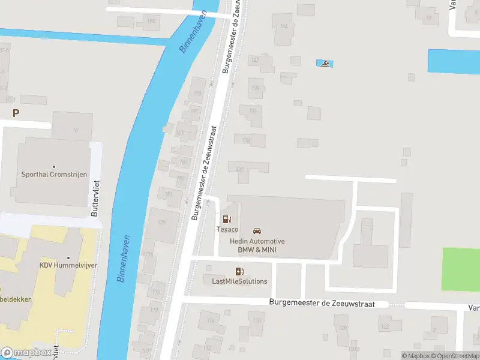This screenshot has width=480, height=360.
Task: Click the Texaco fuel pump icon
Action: (x=226, y=220)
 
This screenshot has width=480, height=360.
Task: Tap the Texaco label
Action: (x=227, y=230)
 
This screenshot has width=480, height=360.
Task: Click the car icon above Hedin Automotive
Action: (x=257, y=231)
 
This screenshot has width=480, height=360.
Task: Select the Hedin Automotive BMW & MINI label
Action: (x=257, y=245)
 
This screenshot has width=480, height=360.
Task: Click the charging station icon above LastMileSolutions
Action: (x=239, y=272)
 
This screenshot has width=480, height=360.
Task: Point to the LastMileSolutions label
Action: (x=239, y=281)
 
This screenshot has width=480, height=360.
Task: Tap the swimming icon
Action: (x=324, y=64)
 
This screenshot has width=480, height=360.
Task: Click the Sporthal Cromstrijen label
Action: (x=54, y=175)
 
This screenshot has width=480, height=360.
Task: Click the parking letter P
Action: (x=16, y=113)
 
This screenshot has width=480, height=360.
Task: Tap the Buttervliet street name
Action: (x=94, y=199)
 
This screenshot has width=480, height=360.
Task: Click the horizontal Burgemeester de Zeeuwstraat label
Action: (x=322, y=304)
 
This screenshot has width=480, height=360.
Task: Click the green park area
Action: (x=461, y=270)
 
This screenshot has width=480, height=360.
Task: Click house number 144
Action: (x=284, y=26)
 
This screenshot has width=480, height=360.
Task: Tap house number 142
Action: (x=254, y=60)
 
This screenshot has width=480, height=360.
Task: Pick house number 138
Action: (x=256, y=88)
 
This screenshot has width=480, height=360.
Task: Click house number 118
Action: (x=257, y=320)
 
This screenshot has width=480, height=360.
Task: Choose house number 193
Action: (x=197, y=94)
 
